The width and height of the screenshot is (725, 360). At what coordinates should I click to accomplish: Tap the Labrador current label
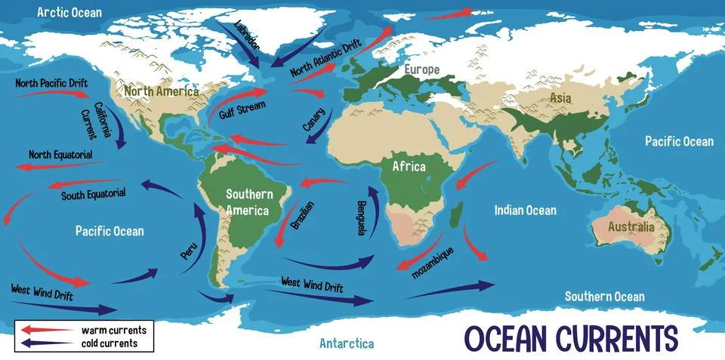click(x=247, y=35)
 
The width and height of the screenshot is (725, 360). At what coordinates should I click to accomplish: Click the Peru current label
click(x=189, y=252)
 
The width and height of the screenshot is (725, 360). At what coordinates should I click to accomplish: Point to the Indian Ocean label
click(x=525, y=211)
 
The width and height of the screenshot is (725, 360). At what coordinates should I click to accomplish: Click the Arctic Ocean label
click(x=69, y=12)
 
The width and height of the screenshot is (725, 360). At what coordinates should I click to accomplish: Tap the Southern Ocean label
click(x=605, y=297)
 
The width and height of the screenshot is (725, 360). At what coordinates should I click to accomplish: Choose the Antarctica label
click(x=347, y=343)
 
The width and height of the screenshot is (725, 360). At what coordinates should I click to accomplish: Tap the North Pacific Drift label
click(x=51, y=82)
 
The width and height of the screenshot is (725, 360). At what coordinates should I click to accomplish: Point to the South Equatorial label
click(x=94, y=194)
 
